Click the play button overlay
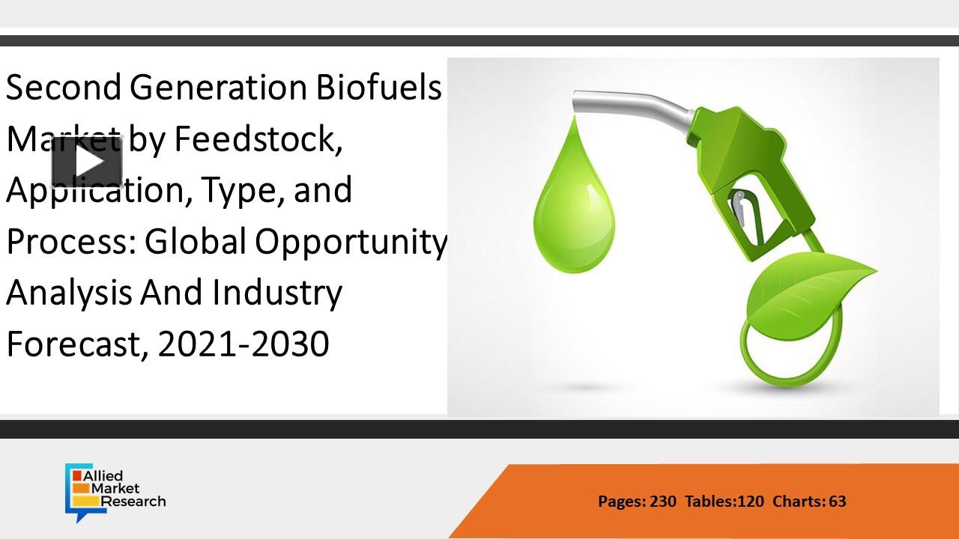coord(88,162)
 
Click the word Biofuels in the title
coord(379,88)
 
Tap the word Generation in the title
coord(218,88)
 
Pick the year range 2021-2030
coord(243,344)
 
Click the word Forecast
coord(77,345)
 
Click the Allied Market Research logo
coord(115,492)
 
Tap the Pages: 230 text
coord(637,502)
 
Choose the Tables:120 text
coord(724,502)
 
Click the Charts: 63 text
coord(809,502)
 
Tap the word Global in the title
coord(196,242)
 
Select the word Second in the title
coord(64,88)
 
